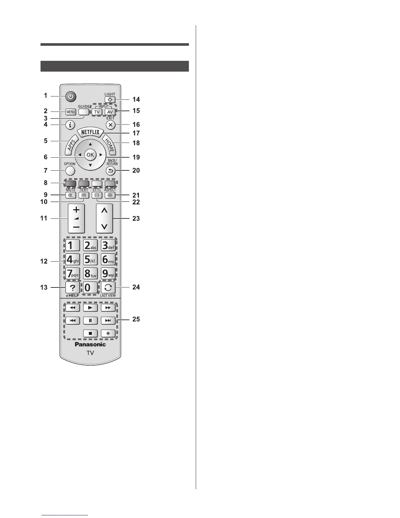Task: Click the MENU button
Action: tap(71, 112)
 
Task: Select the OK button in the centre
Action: tap(90, 155)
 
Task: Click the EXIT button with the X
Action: tap(111, 124)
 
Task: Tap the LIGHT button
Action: tap(110, 99)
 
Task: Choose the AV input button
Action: tap(110, 112)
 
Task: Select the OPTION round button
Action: tap(70, 170)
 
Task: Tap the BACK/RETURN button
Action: tap(110, 170)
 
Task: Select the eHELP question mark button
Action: tap(72, 288)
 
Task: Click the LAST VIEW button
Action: tap(108, 288)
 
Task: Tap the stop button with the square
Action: tap(90, 333)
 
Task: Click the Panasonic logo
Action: tap(90, 344)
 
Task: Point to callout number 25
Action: tap(136, 319)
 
